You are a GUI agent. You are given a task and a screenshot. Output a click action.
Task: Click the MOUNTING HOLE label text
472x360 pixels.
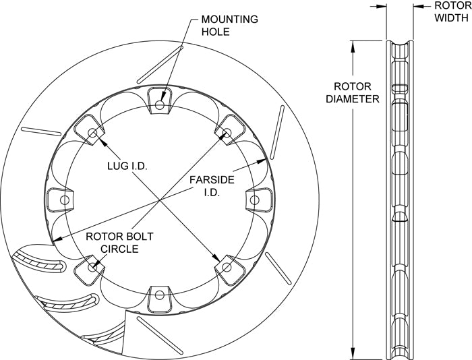[x=230, y=26]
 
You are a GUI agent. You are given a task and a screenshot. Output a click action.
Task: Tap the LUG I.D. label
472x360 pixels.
[x=127, y=166]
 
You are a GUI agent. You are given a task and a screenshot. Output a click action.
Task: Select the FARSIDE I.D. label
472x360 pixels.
[x=212, y=186]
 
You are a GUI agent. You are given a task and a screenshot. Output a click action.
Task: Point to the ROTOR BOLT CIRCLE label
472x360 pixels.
[x=119, y=243]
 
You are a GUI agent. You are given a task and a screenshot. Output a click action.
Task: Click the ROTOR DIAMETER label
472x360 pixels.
[x=353, y=92]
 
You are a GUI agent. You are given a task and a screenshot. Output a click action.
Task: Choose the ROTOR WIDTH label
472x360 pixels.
[x=453, y=11]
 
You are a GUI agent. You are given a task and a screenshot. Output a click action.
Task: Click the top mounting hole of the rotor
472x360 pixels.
[x=160, y=104]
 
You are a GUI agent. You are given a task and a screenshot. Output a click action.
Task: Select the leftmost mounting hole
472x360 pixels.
[x=65, y=200]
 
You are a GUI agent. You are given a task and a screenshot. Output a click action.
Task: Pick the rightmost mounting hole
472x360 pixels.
[x=255, y=200]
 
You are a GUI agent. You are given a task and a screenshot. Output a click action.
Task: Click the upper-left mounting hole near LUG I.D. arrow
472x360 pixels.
[x=92, y=133]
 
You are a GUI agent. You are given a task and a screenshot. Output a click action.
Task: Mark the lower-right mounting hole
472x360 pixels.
[x=227, y=267]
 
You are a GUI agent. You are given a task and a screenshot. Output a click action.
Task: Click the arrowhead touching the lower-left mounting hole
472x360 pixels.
[x=97, y=264]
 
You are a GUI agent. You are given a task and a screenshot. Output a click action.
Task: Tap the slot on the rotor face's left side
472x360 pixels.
[x=41, y=131]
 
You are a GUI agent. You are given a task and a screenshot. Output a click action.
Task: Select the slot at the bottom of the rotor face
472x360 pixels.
[x=160, y=335]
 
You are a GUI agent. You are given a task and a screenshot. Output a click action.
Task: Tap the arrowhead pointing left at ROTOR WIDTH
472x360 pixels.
[x=418, y=6]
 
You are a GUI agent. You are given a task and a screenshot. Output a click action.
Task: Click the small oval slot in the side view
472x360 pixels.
[x=400, y=88]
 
